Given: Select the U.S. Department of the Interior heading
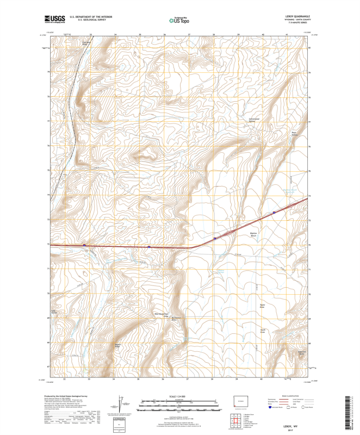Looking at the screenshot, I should point(87,16).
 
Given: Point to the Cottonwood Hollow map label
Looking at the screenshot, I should point(254,120).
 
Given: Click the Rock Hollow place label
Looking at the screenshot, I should point(295,133).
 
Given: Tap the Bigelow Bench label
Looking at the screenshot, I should point(238,234).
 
